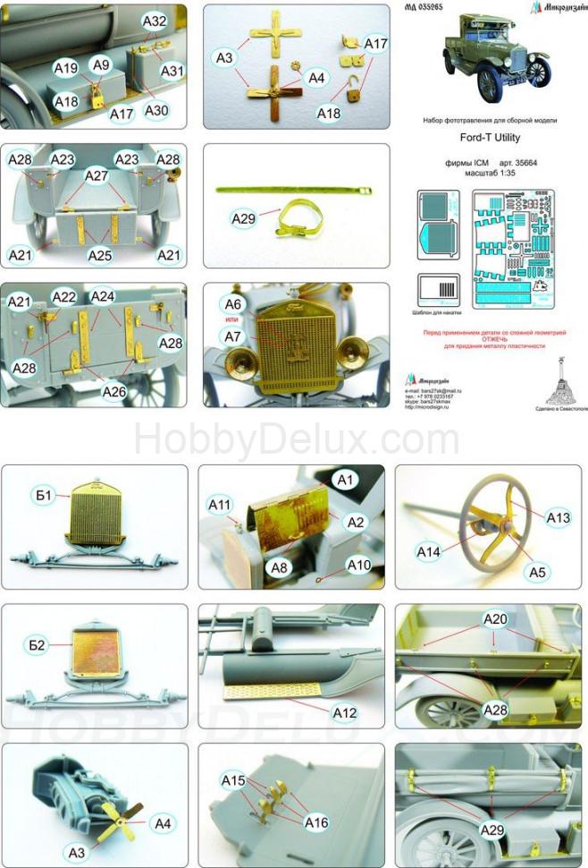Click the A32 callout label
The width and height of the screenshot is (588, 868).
coord(155,20)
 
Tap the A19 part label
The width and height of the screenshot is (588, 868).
coord(66,68)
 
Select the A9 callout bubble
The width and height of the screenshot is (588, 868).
coord(101,64)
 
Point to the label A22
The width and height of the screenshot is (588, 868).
coord(64,296)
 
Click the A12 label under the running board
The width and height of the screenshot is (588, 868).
coord(343,713)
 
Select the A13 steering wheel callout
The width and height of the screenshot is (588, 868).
coord(559,517)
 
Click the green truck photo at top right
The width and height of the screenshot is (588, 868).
coord(495,57)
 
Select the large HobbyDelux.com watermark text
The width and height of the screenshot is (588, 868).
coord(296,440)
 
